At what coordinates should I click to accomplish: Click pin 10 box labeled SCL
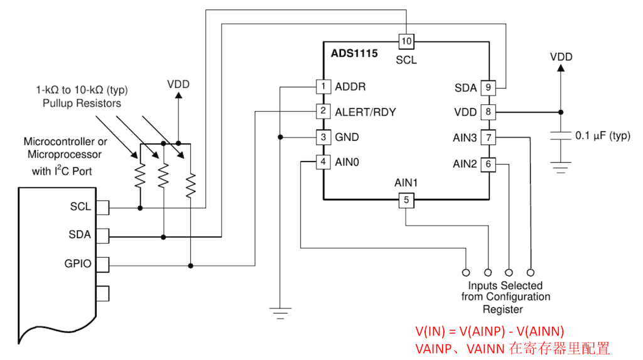click(406, 41)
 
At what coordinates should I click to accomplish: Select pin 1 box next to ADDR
click(323, 86)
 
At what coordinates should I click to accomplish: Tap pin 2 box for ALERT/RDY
click(323, 112)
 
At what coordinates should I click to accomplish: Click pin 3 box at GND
click(323, 137)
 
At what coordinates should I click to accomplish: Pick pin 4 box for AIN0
click(323, 162)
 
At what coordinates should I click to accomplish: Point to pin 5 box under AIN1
click(406, 200)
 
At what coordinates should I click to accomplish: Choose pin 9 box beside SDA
click(489, 87)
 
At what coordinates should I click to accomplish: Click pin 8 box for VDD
click(489, 112)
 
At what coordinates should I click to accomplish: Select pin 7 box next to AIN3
click(489, 137)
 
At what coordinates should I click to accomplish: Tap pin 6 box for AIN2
click(489, 164)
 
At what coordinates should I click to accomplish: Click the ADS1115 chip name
click(354, 53)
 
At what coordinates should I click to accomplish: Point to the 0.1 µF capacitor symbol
click(561, 135)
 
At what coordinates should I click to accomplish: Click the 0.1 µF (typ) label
click(602, 135)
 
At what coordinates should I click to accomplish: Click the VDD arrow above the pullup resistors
click(178, 96)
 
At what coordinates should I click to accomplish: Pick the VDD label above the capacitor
click(561, 57)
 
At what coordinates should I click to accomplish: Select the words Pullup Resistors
click(82, 102)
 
